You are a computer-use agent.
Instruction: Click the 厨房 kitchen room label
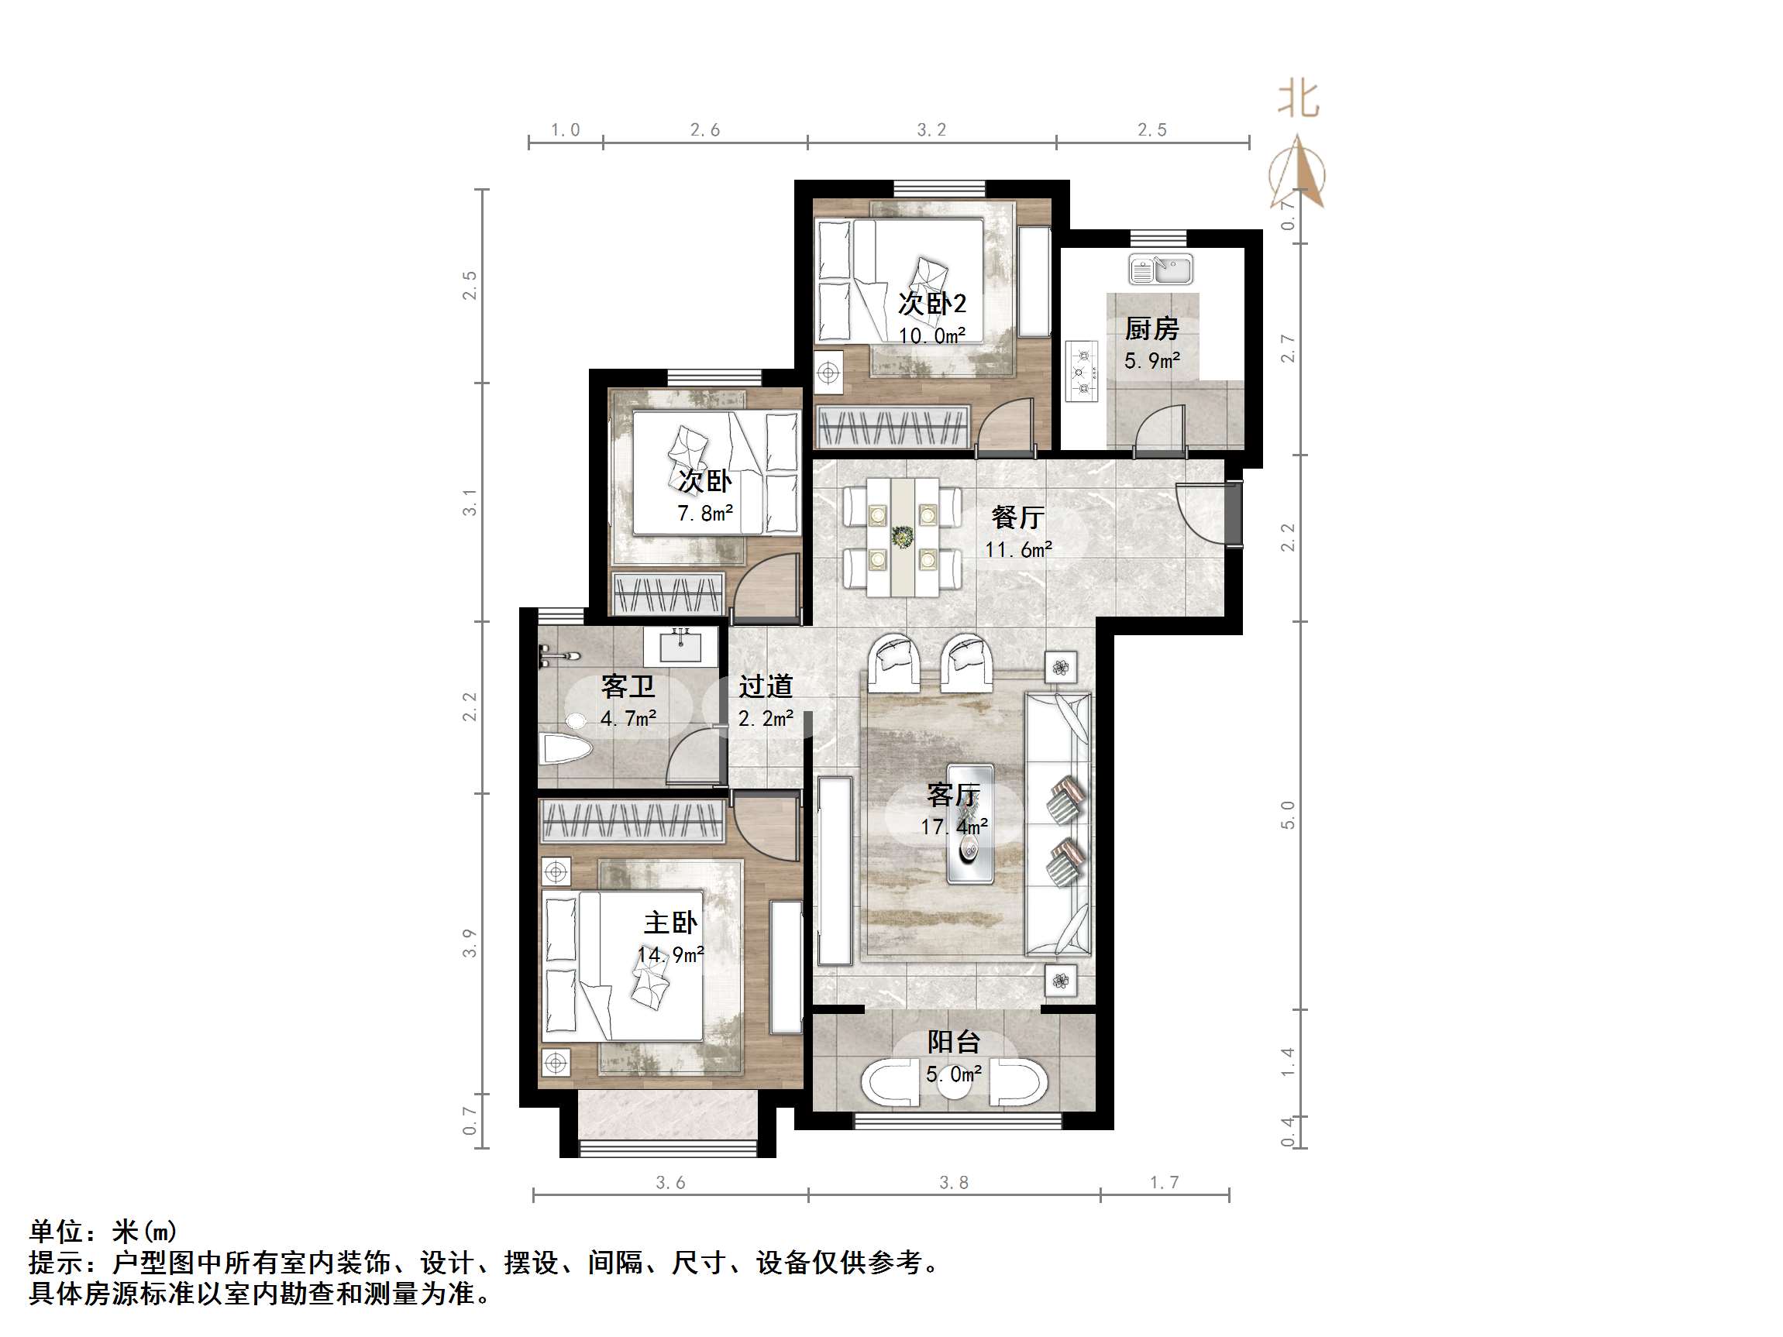tap(1151, 328)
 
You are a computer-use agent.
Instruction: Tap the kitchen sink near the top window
tap(1161, 269)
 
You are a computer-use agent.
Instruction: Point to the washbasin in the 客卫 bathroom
tap(680, 646)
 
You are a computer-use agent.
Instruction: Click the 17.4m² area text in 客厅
tap(955, 826)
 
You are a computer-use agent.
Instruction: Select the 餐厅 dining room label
tap(1018, 517)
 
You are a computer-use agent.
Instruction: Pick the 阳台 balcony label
tap(954, 1041)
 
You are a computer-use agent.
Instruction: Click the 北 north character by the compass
tap(1298, 101)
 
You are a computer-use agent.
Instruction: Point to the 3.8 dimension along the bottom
tap(954, 1182)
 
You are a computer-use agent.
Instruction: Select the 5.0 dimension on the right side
tap(1287, 815)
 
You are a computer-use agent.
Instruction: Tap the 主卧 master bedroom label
tap(669, 922)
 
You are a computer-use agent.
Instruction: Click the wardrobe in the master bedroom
tap(632, 821)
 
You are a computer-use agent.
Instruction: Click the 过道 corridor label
tap(766, 686)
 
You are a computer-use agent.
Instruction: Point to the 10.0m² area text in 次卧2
tap(932, 335)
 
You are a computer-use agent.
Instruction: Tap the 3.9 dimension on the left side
tap(469, 943)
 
